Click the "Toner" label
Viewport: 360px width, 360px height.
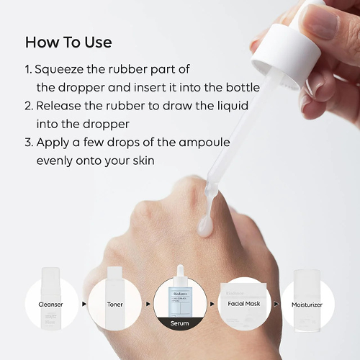click(115, 305)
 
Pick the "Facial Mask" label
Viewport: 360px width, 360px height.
click(243, 305)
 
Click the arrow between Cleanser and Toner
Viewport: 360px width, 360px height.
click(84, 305)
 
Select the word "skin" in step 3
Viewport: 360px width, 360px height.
click(140, 160)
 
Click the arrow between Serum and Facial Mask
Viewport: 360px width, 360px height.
click(212, 305)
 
